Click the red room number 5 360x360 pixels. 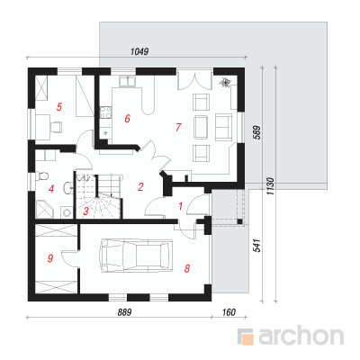(x=59, y=107)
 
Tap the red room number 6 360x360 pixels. (x=127, y=119)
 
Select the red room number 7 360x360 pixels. (x=178, y=127)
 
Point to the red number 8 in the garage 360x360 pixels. (x=187, y=268)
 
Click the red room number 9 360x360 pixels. (x=50, y=258)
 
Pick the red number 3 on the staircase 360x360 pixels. (x=86, y=211)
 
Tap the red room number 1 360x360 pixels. (x=180, y=206)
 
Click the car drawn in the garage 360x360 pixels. (x=137, y=256)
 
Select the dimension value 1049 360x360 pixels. (x=139, y=51)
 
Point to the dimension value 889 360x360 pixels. (x=124, y=312)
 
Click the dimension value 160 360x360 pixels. (x=229, y=312)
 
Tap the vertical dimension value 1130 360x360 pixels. (x=270, y=186)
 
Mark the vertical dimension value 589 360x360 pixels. (x=257, y=132)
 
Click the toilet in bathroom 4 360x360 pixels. (x=41, y=175)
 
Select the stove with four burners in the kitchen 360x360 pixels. (x=105, y=112)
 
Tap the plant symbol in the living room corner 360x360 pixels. (x=225, y=82)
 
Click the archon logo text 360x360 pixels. (x=301, y=337)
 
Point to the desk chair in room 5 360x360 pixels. (x=56, y=126)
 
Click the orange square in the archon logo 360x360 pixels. (x=247, y=338)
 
